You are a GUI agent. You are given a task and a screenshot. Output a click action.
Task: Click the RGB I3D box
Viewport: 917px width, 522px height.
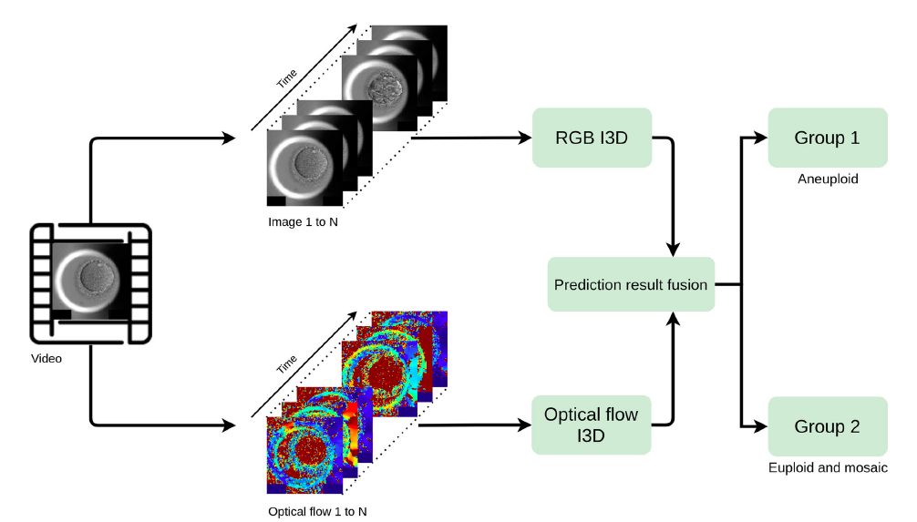pyautogui.click(x=592, y=138)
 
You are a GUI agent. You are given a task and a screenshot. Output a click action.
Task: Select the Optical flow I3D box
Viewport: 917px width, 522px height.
pyautogui.click(x=592, y=425)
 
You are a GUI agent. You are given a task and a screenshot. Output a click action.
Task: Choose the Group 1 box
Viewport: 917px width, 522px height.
pyautogui.click(x=828, y=138)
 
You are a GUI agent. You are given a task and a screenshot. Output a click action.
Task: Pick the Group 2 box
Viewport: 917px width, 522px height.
pyautogui.click(x=828, y=426)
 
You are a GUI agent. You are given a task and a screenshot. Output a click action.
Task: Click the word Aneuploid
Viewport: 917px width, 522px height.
pyautogui.click(x=828, y=179)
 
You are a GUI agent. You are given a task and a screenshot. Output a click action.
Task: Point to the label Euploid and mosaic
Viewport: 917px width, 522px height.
pyautogui.click(x=828, y=468)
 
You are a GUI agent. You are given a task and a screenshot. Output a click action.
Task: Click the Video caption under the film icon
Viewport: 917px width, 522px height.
pyautogui.click(x=46, y=358)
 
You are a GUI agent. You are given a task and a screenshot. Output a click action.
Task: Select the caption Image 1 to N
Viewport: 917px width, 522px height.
pyautogui.click(x=304, y=222)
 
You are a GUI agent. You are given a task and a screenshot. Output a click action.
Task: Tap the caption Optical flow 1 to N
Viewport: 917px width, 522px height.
pyautogui.click(x=317, y=511)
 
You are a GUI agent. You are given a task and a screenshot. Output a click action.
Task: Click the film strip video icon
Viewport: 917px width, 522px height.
pyautogui.click(x=90, y=283)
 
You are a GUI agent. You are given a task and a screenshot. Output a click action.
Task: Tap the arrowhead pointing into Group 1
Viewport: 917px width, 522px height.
pyautogui.click(x=762, y=138)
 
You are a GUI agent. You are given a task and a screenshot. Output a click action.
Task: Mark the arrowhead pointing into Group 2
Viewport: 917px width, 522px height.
pyautogui.click(x=762, y=426)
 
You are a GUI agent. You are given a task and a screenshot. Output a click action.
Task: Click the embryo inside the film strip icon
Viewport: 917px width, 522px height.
pyautogui.click(x=90, y=277)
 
